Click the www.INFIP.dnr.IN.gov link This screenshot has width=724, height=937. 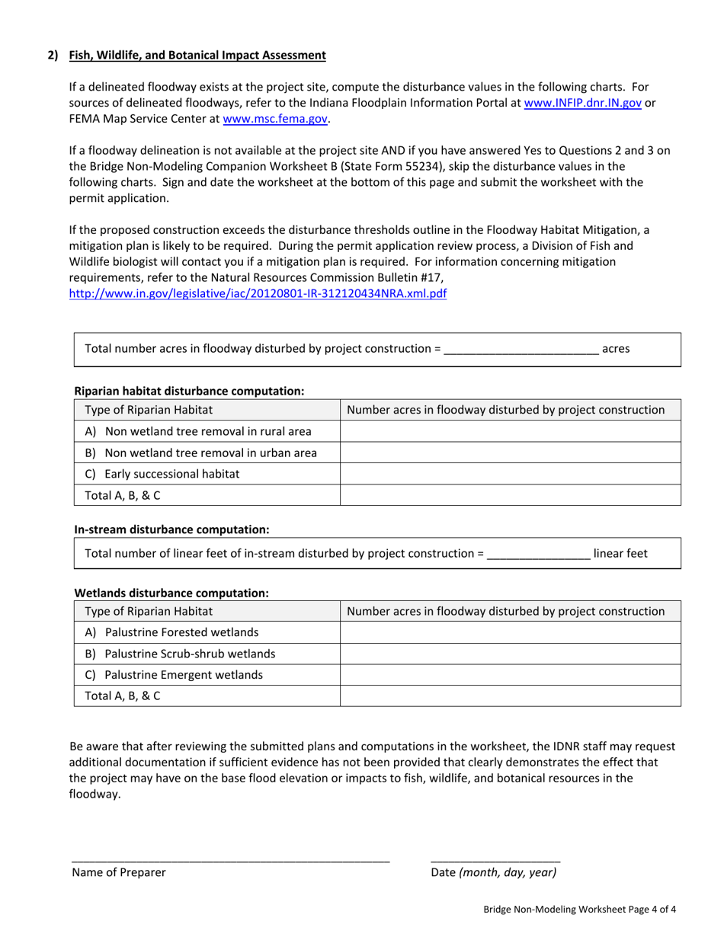click(583, 103)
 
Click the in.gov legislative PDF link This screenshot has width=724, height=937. click(258, 293)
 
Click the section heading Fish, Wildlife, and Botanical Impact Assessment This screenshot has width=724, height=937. click(197, 55)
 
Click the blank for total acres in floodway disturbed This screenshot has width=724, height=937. click(521, 349)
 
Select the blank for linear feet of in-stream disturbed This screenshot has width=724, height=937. click(538, 553)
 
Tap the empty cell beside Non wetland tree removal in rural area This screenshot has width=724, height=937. click(509, 431)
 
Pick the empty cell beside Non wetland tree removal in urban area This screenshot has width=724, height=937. click(509, 453)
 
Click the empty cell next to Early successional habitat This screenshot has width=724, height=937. click(509, 474)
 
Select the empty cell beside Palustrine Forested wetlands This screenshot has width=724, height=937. click(509, 632)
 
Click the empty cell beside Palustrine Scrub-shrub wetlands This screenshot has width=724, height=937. click(509, 654)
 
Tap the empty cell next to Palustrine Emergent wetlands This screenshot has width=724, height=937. click(509, 675)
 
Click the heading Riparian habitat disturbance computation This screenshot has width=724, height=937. click(189, 391)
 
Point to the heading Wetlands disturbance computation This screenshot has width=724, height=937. click(171, 592)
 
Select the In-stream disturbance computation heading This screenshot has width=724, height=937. click(171, 528)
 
